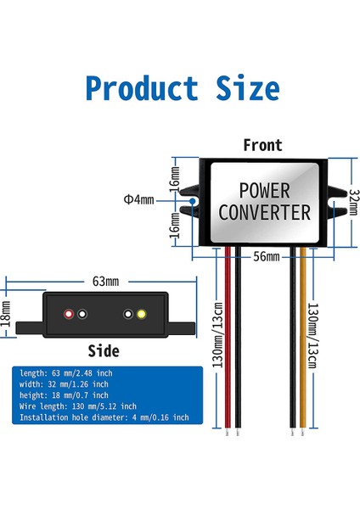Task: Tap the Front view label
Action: point(262,145)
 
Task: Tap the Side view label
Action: point(104,350)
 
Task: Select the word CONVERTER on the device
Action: point(264,211)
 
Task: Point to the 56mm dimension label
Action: point(266,256)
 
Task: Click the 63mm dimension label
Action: point(107,280)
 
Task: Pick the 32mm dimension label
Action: point(353,203)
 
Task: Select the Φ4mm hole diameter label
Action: point(138,200)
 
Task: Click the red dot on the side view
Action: point(69,314)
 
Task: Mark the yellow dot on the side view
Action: point(140,314)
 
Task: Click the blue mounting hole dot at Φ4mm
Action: point(194,201)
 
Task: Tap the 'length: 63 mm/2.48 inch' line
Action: point(65,373)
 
